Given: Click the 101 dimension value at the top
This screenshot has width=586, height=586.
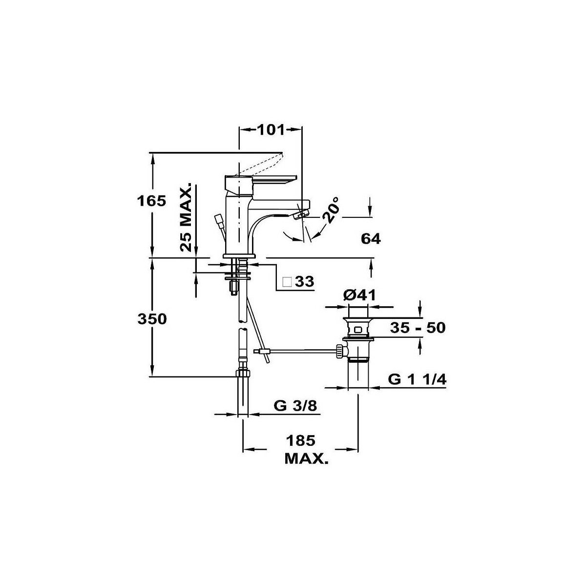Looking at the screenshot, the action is pyautogui.click(x=271, y=130).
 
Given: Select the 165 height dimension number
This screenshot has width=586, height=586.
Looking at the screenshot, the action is pyautogui.click(x=151, y=201).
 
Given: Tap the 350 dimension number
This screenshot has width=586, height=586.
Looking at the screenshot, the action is pyautogui.click(x=152, y=319).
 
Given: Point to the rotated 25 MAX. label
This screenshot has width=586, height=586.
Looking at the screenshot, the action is pyautogui.click(x=186, y=217).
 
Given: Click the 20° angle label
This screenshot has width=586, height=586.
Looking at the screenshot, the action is pyautogui.click(x=331, y=209).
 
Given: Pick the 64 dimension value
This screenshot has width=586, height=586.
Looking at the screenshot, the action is pyautogui.click(x=371, y=239).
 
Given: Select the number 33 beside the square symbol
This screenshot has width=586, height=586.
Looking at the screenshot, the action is pyautogui.click(x=305, y=282).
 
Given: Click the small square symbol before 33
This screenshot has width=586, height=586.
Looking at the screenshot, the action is pyautogui.click(x=287, y=282).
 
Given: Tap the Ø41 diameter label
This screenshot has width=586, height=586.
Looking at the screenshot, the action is pyautogui.click(x=359, y=295).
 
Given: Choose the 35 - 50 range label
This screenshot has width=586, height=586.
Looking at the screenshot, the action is pyautogui.click(x=418, y=328).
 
